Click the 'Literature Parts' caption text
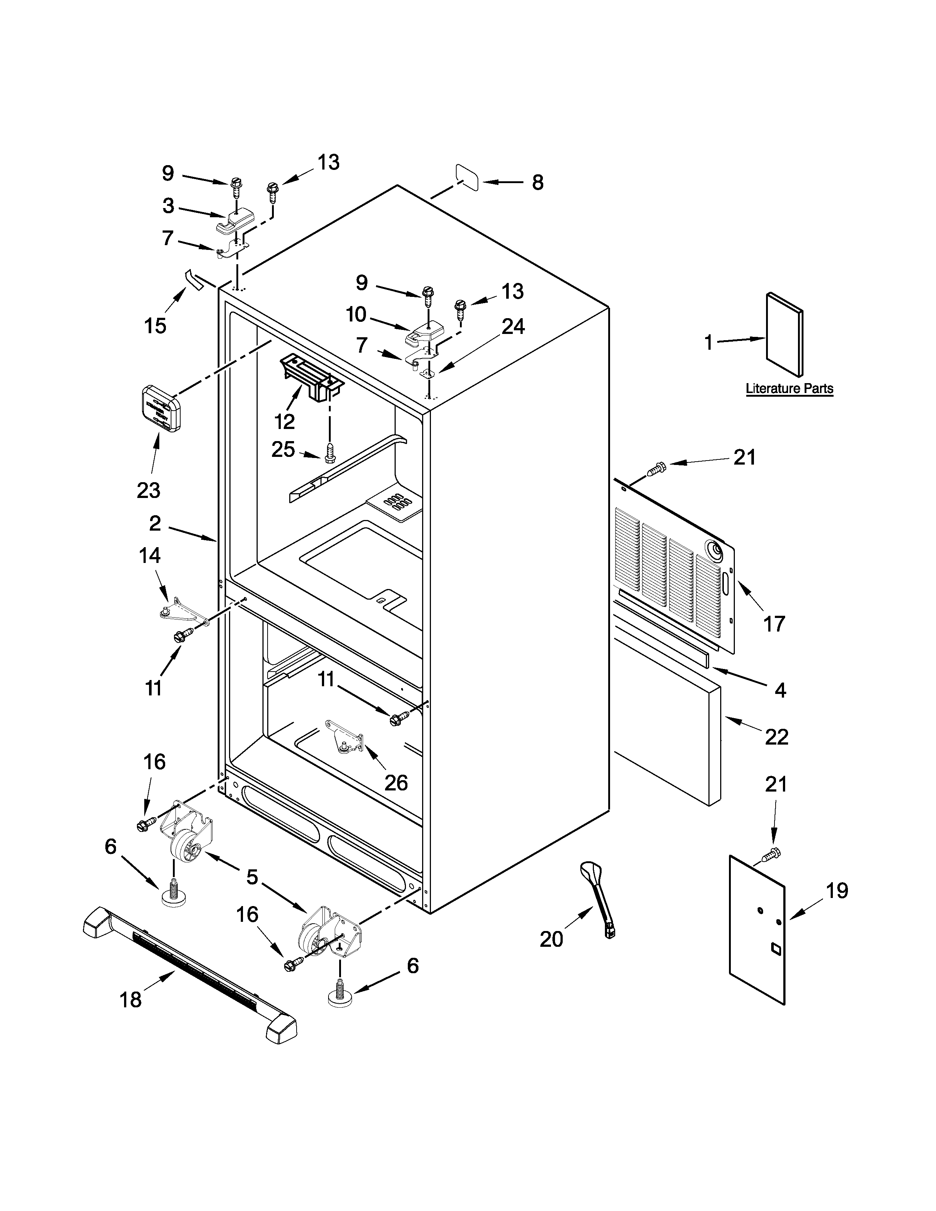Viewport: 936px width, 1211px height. click(789, 389)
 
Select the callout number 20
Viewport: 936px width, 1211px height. click(551, 939)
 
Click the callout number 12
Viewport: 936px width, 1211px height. click(284, 422)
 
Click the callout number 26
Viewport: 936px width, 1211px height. click(396, 783)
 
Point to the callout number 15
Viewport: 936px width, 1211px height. click(155, 326)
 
